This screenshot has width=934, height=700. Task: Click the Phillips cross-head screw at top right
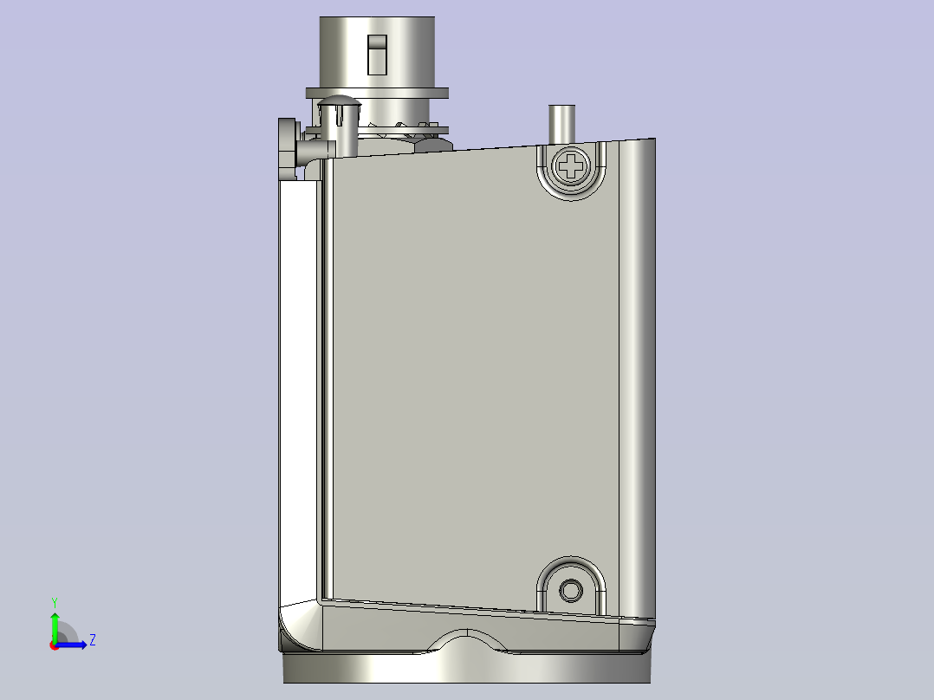coord(571,166)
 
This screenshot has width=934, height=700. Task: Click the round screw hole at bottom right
coord(571,590)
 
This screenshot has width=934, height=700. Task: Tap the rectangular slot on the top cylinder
coord(376,55)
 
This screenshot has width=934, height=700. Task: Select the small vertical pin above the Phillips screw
coord(561,123)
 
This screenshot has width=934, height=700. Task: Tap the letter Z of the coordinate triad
coord(92,640)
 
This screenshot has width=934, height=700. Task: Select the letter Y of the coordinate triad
coord(54,601)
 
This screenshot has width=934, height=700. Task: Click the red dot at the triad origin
coord(54,645)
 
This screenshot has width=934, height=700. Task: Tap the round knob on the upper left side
coord(288,146)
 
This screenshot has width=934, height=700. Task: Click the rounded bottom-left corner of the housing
coord(295,628)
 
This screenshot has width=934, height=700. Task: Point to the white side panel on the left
coord(299,390)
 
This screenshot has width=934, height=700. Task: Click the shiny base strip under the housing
coord(468,668)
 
